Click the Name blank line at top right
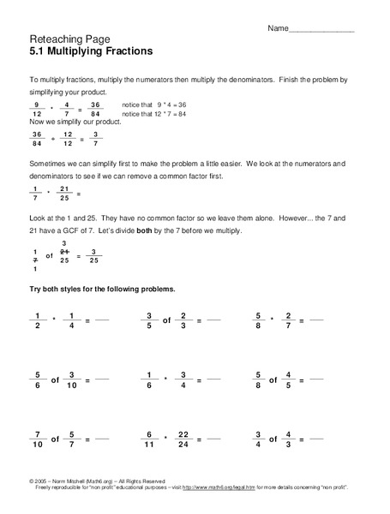pyautogui.click(x=322, y=30)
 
